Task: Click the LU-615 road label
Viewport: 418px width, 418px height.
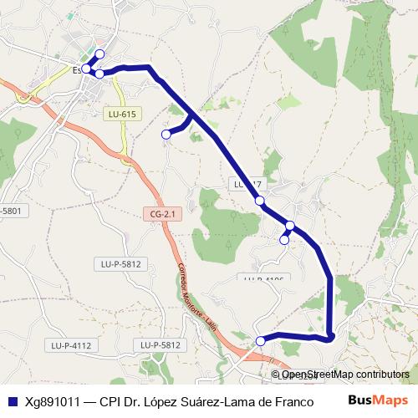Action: pyautogui.click(x=121, y=114)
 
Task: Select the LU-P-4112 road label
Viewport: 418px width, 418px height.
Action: pyautogui.click(x=70, y=344)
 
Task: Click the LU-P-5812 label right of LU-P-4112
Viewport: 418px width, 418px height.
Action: pyautogui.click(x=161, y=344)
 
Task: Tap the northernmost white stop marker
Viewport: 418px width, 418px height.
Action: pyautogui.click(x=99, y=54)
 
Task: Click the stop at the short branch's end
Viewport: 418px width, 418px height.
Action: pyautogui.click(x=166, y=134)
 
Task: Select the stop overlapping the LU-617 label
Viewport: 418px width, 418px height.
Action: pyautogui.click(x=260, y=200)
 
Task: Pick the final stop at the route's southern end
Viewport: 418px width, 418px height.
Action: pyautogui.click(x=260, y=340)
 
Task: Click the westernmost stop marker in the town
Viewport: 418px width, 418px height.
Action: pyautogui.click(x=86, y=69)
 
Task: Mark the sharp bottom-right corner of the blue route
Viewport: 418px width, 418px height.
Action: pyautogui.click(x=331, y=337)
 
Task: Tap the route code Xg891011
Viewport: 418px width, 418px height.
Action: pyautogui.click(x=54, y=400)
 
